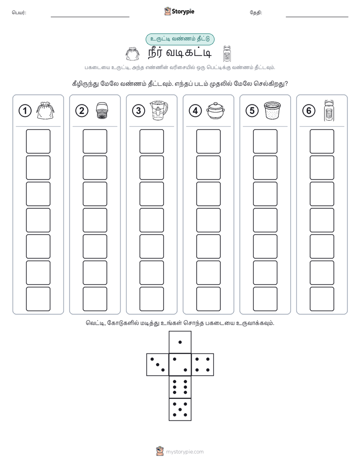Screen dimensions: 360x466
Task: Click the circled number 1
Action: [25, 111]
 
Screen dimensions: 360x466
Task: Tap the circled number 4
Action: [195, 111]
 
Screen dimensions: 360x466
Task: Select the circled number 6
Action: [309, 111]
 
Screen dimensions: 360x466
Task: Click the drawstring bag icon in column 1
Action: [45, 110]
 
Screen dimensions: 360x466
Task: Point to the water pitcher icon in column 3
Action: [159, 110]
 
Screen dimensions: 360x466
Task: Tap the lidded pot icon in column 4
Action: [215, 111]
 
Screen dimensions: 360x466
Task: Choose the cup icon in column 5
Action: [272, 110]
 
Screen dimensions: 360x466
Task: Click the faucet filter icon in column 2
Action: [102, 111]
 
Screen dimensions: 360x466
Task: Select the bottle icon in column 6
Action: [329, 110]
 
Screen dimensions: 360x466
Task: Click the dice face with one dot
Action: [180, 342]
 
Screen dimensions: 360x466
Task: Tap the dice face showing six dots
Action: [180, 387]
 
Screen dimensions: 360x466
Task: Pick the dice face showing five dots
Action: [180, 410]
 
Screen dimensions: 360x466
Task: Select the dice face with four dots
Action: [203, 365]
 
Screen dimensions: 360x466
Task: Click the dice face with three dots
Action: [158, 365]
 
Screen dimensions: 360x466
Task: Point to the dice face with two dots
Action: [180, 365]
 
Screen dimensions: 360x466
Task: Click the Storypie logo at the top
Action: [179, 12]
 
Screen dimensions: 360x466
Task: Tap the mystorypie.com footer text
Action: [185, 452]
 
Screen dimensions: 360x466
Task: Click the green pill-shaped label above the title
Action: [180, 39]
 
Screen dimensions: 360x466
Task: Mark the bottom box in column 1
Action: [38, 299]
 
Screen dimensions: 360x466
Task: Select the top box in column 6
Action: [322, 141]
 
